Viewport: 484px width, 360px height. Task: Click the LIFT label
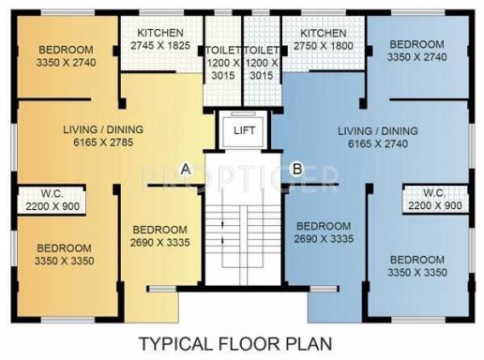coord(244,130)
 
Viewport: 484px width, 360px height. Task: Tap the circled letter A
coord(186,169)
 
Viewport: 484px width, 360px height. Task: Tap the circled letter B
coord(297,169)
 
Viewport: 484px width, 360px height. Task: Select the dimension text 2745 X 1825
coord(160,46)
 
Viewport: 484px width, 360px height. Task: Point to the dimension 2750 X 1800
coord(324,46)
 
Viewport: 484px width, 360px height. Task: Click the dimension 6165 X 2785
coord(103,142)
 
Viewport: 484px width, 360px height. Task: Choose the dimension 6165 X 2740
coord(378,143)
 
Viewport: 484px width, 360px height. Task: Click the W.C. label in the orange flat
coord(52,194)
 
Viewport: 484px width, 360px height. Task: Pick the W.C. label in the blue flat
coord(434,193)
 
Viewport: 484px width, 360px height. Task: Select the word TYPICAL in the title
coord(175,344)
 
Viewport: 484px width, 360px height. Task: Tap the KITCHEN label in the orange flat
coord(160,33)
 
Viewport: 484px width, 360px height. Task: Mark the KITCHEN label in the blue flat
coord(324,33)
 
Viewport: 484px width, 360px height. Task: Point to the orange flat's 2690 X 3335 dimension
coord(160,243)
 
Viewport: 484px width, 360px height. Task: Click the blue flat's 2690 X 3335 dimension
coord(324,239)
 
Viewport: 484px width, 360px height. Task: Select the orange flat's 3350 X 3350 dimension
coord(64,261)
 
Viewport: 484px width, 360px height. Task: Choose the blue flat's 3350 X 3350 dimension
coord(417,273)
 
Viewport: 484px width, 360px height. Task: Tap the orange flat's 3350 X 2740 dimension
coord(66,63)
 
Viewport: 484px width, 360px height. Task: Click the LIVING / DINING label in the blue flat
coord(378,131)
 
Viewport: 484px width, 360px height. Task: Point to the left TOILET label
coord(223,51)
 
